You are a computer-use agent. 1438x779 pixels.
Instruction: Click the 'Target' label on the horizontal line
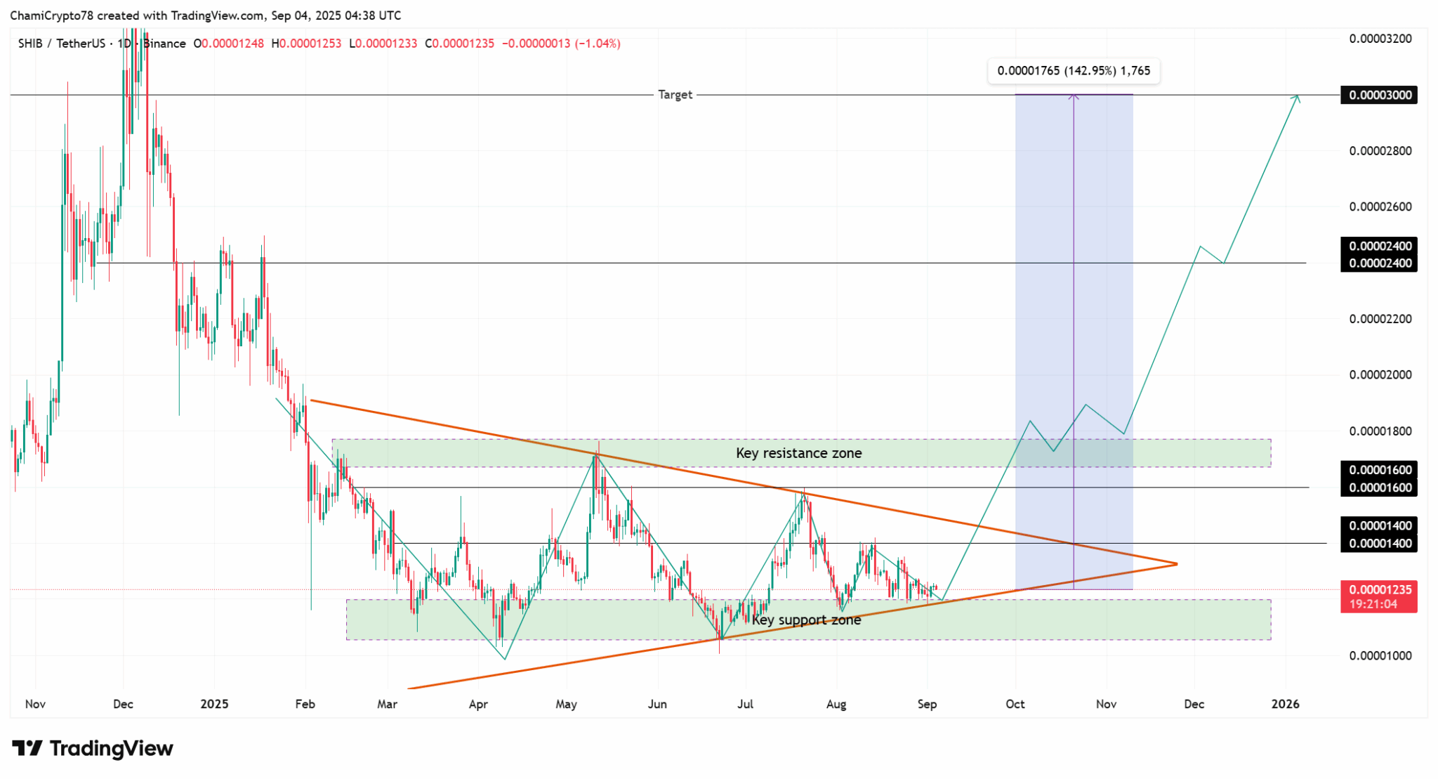[x=675, y=95]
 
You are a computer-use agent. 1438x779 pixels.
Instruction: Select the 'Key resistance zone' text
[x=798, y=453]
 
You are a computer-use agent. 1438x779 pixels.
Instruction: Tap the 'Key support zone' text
[x=806, y=620]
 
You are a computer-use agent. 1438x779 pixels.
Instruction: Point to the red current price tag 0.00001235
[x=1378, y=590]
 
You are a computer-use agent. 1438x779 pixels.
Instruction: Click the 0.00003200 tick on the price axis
[x=1380, y=39]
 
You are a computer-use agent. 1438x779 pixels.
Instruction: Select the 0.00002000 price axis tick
[x=1380, y=375]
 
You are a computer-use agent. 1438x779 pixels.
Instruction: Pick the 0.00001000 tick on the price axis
[x=1380, y=656]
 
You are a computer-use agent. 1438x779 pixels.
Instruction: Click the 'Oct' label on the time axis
[x=1015, y=704]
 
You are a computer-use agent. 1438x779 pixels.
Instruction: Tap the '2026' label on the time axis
[x=1285, y=704]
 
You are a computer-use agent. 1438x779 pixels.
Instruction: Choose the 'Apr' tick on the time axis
[x=477, y=704]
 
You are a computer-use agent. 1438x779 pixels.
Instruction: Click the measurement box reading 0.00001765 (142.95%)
[x=1074, y=71]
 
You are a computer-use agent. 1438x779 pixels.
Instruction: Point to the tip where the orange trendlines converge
[x=1177, y=563]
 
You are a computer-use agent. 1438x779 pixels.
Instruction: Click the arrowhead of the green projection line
[x=1298, y=97]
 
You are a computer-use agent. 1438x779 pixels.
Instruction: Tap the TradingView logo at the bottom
[x=93, y=749]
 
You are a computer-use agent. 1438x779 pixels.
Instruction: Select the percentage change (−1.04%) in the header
[x=597, y=44]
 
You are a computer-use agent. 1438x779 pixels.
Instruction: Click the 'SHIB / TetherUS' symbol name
[x=62, y=44]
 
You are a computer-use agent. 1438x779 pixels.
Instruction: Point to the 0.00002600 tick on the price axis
[x=1380, y=207]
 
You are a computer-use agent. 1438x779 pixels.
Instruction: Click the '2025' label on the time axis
[x=214, y=704]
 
